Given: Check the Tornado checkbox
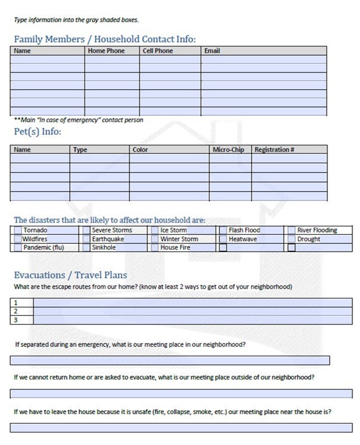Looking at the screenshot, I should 18,230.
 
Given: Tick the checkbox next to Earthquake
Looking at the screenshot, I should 87,239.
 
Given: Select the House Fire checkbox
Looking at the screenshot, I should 155,248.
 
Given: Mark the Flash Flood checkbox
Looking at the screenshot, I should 223,230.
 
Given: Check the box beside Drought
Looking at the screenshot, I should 292,239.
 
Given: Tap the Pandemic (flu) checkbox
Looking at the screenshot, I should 18,248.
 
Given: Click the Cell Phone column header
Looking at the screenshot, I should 158,51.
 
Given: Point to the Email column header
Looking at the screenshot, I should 212,51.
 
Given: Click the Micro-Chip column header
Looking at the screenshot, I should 229,150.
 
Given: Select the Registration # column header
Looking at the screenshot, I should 274,150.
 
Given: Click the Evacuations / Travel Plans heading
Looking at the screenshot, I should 70,275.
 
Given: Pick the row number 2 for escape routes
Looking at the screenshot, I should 16,311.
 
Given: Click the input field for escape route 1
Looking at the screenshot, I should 193,302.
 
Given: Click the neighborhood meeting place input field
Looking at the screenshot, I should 170,360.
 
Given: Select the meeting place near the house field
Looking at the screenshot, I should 181,427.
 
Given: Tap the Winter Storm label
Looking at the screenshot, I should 179,239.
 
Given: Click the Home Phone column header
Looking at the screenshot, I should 106,51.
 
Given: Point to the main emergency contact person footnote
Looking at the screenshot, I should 79,120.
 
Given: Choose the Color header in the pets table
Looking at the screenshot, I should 140,150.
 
